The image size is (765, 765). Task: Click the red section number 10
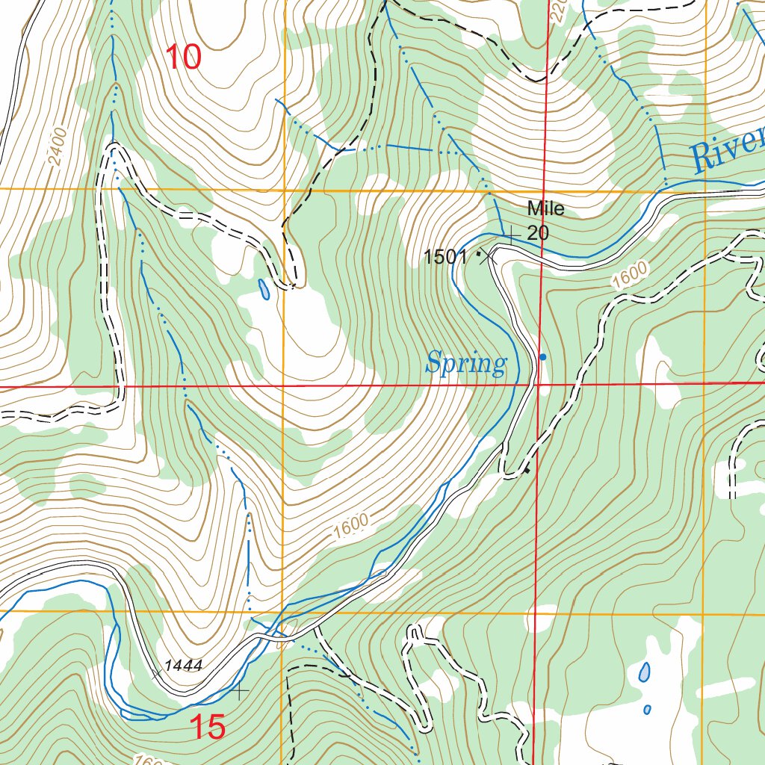[x=183, y=58]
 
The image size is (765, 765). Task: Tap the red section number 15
[x=207, y=728]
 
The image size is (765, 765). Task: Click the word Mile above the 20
[x=545, y=208]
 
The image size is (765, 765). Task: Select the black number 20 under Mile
[x=538, y=232]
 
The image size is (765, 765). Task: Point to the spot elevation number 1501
[x=445, y=258]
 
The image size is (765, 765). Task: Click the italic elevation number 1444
[x=184, y=665]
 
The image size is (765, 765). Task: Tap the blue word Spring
[x=466, y=365]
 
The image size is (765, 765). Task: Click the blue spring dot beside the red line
[x=543, y=357]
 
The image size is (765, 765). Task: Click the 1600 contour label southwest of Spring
[x=352, y=527]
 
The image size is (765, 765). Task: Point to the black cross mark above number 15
[x=240, y=692]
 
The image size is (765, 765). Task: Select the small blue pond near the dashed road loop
[x=264, y=289]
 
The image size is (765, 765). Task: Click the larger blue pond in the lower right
[x=644, y=673]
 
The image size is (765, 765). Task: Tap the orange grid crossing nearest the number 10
[x=284, y=190]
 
